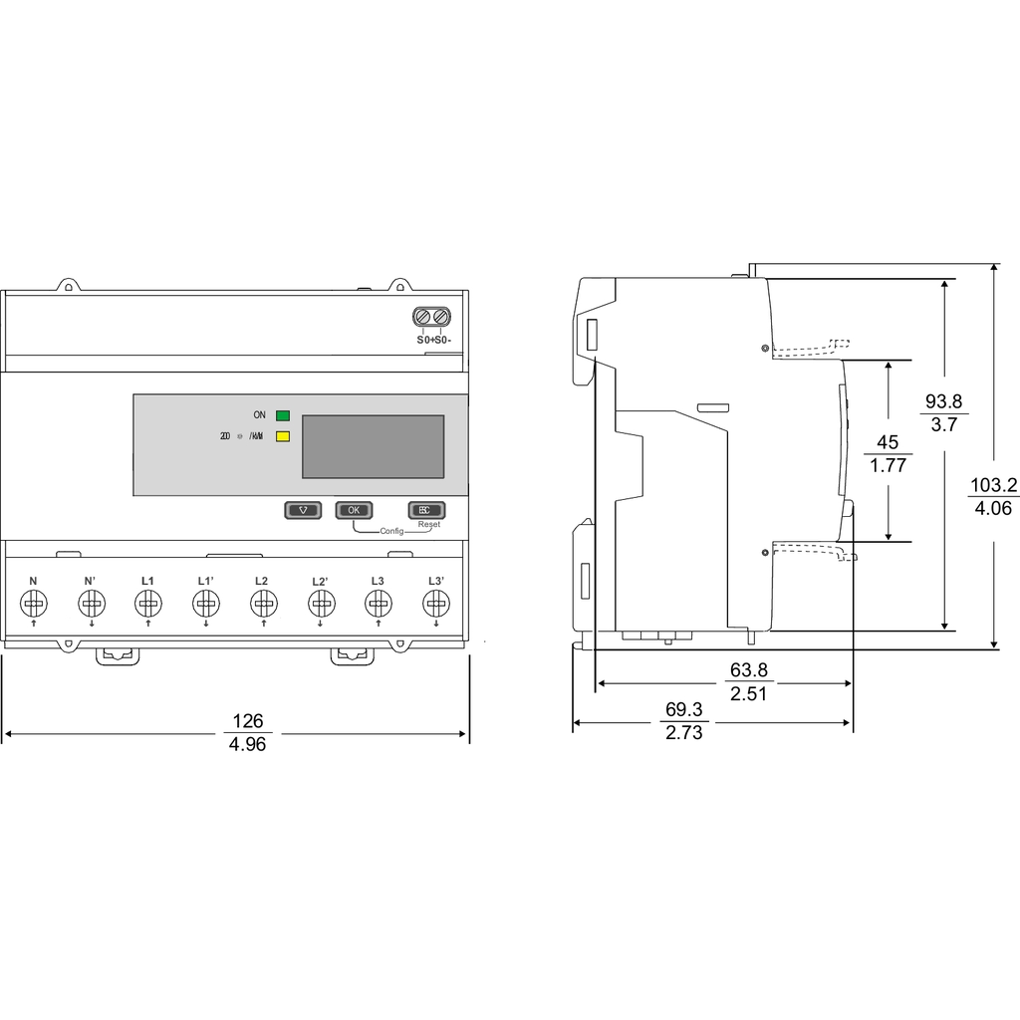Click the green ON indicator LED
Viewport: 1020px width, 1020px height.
283,415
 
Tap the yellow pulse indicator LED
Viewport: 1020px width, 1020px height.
283,436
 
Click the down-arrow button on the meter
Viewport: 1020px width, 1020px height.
303,509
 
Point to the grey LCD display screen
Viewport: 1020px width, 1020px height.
373,446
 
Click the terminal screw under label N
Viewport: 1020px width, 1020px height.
33,603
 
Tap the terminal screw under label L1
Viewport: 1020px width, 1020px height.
147,603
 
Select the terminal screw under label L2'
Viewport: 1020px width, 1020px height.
320,603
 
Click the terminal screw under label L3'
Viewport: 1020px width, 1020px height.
435,603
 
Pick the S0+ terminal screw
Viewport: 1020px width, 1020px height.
423,318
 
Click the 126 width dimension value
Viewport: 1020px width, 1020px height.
248,721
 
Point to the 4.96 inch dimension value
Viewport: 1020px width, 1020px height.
248,745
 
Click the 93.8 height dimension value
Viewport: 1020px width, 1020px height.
943,401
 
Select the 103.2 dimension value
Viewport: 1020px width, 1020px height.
993,485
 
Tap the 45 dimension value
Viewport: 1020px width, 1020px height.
887,442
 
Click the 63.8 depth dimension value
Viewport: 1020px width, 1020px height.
748,670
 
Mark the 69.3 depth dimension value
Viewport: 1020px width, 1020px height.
683,710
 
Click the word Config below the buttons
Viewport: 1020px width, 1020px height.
392,531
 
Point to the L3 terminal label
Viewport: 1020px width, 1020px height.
378,581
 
